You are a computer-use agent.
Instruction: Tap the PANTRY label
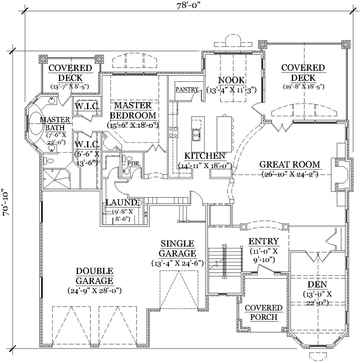pyautogui.click(x=187, y=90)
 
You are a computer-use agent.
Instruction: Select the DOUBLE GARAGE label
pyautogui.click(x=94, y=276)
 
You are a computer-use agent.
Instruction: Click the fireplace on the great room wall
pyautogui.click(x=341, y=174)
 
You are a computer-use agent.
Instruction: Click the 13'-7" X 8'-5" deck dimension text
pyautogui.click(x=70, y=86)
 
